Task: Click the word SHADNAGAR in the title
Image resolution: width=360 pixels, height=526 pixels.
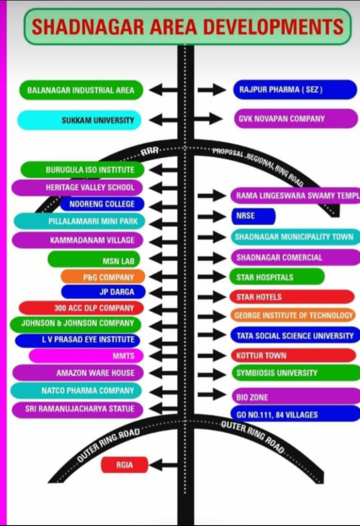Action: (88, 27)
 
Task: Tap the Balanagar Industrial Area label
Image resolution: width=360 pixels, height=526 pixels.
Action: (81, 90)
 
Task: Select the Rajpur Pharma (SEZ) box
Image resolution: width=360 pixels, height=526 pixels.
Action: (295, 90)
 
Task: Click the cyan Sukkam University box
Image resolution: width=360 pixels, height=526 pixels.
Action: (79, 120)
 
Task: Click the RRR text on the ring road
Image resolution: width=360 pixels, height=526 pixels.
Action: (150, 152)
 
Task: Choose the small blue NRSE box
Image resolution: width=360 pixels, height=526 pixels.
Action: (253, 216)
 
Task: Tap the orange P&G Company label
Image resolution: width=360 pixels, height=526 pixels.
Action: (103, 277)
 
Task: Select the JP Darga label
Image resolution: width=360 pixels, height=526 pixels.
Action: (103, 292)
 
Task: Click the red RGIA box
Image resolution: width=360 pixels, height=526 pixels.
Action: (124, 465)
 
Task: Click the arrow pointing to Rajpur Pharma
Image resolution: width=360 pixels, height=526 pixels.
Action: (212, 90)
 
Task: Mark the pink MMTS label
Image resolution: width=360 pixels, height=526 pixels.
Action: (86, 356)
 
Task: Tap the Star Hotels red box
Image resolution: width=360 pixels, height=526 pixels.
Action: (292, 297)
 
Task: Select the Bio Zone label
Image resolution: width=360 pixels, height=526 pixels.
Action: (295, 397)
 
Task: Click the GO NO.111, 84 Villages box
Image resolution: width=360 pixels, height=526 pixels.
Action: (295, 414)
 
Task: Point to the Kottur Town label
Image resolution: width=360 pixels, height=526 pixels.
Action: (293, 355)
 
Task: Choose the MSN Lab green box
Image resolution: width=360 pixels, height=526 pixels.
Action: (94, 260)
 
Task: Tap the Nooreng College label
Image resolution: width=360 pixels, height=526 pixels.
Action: (102, 204)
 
